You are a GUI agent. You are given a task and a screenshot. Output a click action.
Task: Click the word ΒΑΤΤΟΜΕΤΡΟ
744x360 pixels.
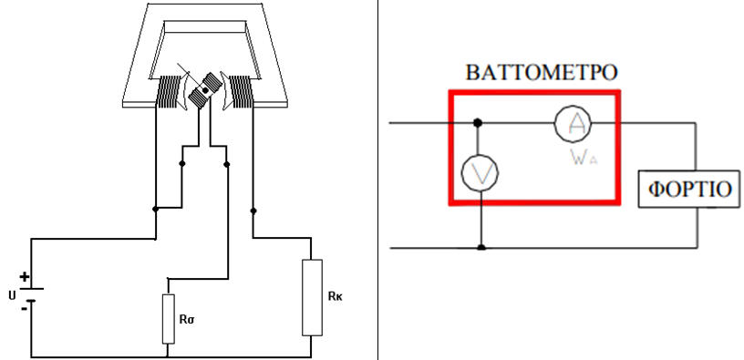tap(542, 73)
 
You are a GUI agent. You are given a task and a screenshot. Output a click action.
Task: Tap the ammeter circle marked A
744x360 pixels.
tap(573, 123)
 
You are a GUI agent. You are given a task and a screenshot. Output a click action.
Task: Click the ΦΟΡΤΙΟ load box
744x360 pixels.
tap(689, 189)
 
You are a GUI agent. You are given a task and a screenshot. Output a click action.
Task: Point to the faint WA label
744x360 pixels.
tap(584, 158)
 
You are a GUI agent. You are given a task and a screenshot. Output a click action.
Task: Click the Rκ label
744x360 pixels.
tap(335, 296)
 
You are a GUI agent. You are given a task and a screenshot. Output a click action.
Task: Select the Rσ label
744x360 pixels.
tap(188, 319)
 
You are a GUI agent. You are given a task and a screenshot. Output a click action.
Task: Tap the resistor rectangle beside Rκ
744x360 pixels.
tap(312, 297)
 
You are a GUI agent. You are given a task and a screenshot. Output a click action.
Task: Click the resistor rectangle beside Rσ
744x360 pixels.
tap(169, 319)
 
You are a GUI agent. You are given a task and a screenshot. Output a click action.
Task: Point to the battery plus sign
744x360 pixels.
tap(25, 277)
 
